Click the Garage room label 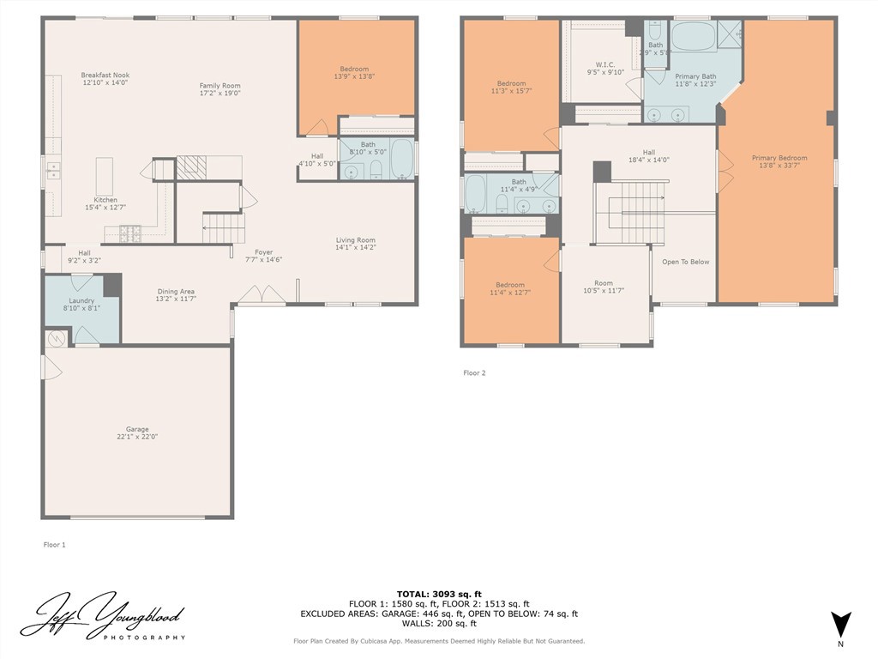pos(137,429)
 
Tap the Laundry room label pos(81,299)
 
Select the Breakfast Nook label pos(105,75)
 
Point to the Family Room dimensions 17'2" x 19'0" pos(219,94)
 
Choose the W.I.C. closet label pos(605,64)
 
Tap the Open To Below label pos(685,262)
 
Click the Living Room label pos(355,240)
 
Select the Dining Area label pos(175,291)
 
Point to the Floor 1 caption pos(54,544)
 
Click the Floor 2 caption pos(474,372)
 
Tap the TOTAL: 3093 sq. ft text pos(439,594)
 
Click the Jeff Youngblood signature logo pos(103,615)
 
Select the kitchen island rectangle pos(105,176)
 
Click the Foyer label pos(263,252)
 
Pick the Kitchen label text pos(105,199)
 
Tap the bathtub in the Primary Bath pos(694,37)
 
